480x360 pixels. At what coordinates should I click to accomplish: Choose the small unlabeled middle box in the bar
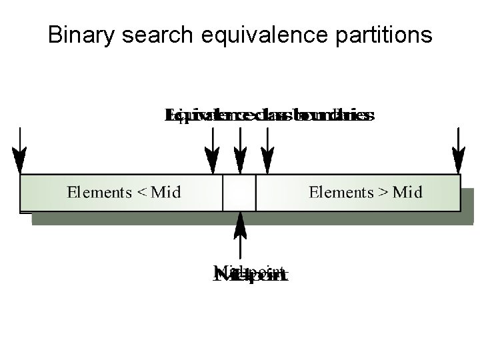[239, 193]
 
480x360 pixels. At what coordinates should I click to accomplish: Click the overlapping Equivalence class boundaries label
[269, 115]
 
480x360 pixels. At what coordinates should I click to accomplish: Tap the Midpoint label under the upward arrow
[249, 274]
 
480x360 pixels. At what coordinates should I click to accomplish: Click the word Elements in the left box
[99, 193]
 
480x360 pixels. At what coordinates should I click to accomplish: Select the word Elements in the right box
[341, 193]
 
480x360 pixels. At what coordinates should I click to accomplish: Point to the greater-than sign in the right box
[383, 193]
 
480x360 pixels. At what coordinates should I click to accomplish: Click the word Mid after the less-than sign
[165, 193]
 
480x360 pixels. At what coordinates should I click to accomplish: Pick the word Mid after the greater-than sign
[407, 193]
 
